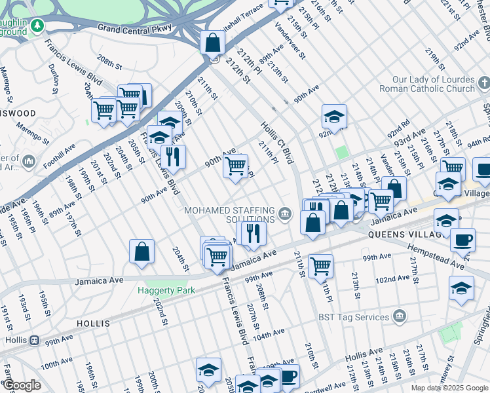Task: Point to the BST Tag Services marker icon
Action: point(400,317)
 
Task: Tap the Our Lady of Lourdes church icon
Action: point(483,83)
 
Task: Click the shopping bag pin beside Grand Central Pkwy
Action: point(212,43)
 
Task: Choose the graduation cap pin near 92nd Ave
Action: point(334,117)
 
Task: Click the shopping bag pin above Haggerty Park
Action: point(141,252)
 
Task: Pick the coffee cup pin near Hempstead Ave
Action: point(462,239)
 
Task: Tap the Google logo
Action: point(22,386)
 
